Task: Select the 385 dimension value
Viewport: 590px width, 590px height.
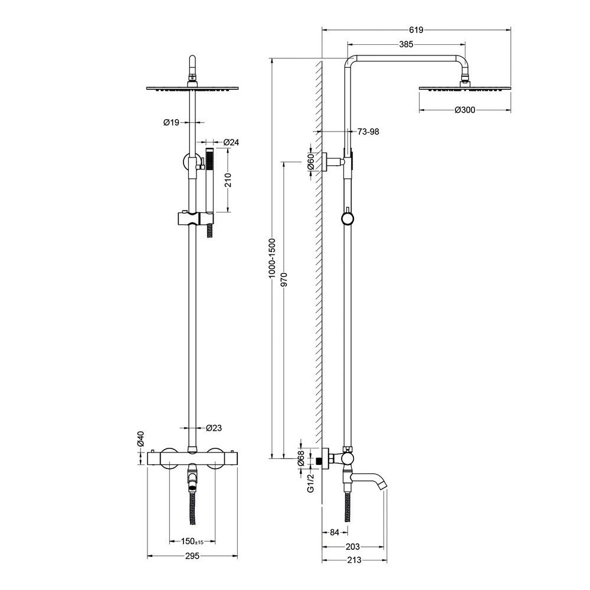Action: [x=405, y=44]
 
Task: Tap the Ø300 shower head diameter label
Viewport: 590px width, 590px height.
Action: [x=466, y=110]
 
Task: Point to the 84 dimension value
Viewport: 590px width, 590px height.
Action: [x=334, y=532]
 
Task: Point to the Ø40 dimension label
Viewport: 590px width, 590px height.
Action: [x=140, y=438]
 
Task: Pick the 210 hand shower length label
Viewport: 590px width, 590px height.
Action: [x=228, y=180]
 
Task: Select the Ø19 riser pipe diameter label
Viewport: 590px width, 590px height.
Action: [x=171, y=123]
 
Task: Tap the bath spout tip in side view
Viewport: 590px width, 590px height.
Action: [x=383, y=485]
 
